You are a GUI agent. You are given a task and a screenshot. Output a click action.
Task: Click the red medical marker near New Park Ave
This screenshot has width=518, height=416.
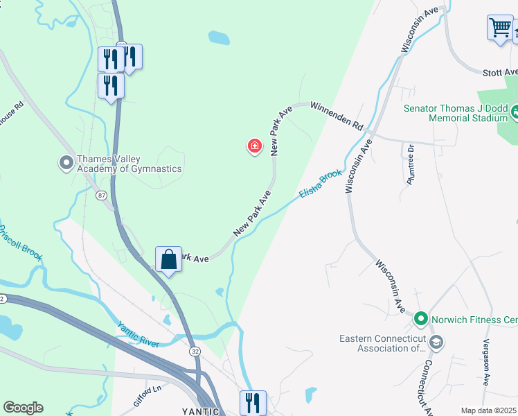[x=255, y=146]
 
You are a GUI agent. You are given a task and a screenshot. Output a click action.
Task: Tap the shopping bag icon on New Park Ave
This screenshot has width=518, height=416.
[x=168, y=260]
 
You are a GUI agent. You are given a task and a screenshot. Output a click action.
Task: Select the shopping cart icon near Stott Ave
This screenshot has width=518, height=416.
[x=500, y=28]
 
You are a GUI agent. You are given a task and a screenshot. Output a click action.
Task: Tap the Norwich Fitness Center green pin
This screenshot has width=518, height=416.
[x=420, y=320]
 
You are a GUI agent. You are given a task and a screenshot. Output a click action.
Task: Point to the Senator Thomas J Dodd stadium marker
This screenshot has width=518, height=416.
[x=515, y=110]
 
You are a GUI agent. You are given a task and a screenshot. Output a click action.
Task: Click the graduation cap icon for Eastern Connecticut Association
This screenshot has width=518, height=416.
[x=436, y=342]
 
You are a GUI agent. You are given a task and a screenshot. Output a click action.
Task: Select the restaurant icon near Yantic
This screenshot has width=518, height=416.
[x=253, y=402]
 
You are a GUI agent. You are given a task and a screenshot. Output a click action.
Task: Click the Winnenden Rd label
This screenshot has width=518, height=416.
[x=337, y=116]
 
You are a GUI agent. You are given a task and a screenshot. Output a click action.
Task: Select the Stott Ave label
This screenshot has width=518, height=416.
[x=501, y=72]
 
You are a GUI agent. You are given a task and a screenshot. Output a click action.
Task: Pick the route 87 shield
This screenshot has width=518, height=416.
[x=101, y=196]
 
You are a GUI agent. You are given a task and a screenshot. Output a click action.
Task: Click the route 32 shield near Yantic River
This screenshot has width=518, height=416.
[x=195, y=352]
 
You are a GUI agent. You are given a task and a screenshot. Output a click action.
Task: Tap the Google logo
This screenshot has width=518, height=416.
[x=23, y=408]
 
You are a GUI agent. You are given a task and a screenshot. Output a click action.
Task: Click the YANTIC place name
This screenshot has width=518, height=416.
[x=201, y=411]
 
